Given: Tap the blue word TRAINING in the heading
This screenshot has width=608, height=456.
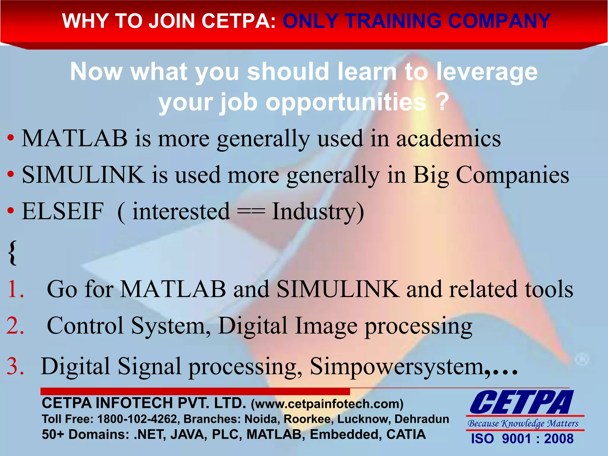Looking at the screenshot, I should [x=394, y=21].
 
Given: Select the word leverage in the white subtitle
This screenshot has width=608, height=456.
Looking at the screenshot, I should [x=487, y=72].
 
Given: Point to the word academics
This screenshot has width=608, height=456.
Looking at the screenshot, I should [x=449, y=139].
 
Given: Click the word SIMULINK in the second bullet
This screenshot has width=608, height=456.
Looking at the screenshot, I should [x=83, y=175].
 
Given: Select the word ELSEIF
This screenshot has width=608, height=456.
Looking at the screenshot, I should [x=63, y=211].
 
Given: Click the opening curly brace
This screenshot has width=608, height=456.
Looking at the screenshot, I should [x=12, y=253].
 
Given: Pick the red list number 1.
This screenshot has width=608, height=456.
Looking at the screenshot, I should [x=15, y=289].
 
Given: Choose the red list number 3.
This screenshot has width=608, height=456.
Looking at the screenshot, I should [x=15, y=366].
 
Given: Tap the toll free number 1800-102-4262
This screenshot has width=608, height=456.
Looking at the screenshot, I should [x=137, y=419].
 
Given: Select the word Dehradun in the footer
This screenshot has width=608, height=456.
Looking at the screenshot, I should [x=422, y=419].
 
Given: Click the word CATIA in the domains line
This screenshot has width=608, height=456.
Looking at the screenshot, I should [x=406, y=435].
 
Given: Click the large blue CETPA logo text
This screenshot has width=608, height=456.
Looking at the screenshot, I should [x=521, y=403].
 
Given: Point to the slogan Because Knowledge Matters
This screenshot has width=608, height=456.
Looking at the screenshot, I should [x=523, y=423].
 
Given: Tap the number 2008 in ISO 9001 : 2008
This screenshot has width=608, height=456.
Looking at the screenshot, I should [x=558, y=439].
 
